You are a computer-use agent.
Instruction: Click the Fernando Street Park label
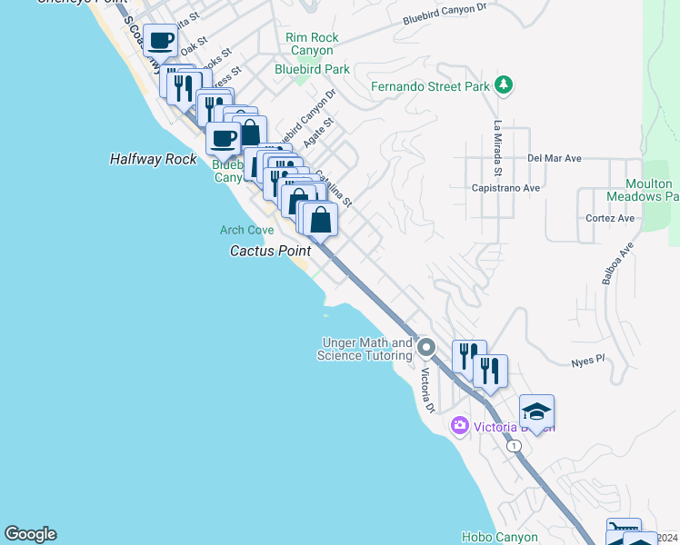[430, 87]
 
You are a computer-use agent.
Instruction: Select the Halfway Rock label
[153, 159]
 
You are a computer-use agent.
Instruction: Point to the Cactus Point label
[270, 251]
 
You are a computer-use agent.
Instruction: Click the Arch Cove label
[246, 231]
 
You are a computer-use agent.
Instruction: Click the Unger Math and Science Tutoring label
[365, 349]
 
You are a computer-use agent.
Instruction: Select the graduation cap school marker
[536, 412]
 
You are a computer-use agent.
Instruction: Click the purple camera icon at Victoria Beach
[459, 425]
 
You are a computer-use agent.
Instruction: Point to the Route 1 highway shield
[515, 446]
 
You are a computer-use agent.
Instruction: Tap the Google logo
[30, 534]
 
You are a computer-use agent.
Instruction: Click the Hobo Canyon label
[499, 537]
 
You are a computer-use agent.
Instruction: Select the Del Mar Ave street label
[554, 158]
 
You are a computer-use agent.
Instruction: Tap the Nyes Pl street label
[587, 361]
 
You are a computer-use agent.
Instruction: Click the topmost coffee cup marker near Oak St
[161, 41]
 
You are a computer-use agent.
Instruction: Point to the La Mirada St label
[498, 147]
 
